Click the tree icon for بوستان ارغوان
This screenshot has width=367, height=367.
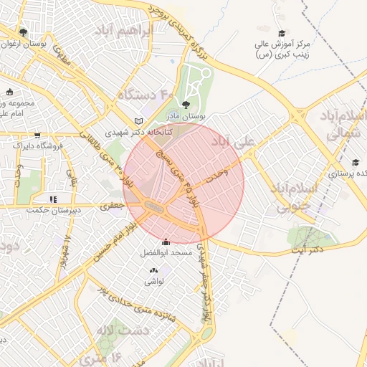pyautogui.click(x=24, y=32)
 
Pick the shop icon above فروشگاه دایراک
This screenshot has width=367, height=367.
pyautogui.click(x=37, y=135)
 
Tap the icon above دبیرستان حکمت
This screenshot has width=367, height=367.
pyautogui.click(x=52, y=199)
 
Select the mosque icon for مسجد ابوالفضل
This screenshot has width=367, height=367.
pyautogui.click(x=166, y=242)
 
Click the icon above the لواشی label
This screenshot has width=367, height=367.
pyautogui.click(x=153, y=270)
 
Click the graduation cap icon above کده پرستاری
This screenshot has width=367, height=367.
pyautogui.click(x=355, y=162)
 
